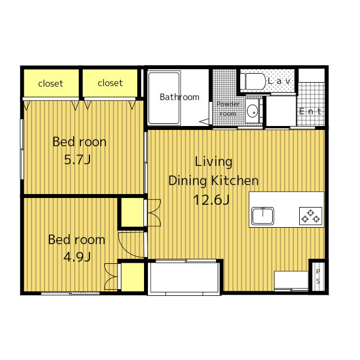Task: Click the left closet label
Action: (x=51, y=84)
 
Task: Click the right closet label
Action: (x=110, y=83)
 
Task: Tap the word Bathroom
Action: (x=179, y=97)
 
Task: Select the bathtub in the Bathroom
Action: (x=164, y=98)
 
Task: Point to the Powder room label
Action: (x=228, y=109)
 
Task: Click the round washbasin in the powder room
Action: (x=253, y=111)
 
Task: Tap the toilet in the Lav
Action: (x=255, y=81)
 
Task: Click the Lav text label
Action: (x=279, y=81)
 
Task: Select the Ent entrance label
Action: (x=310, y=111)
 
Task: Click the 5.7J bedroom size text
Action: (x=78, y=160)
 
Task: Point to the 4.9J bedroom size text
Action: (x=77, y=257)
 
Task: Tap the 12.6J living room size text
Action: (x=211, y=200)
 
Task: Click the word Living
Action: (x=214, y=162)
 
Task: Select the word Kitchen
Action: (x=235, y=181)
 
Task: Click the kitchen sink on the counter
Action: (x=263, y=216)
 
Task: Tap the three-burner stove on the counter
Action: (x=310, y=216)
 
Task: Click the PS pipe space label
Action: (x=318, y=276)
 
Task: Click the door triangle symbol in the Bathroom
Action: (x=204, y=121)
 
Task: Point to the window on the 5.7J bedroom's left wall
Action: (x=22, y=149)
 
